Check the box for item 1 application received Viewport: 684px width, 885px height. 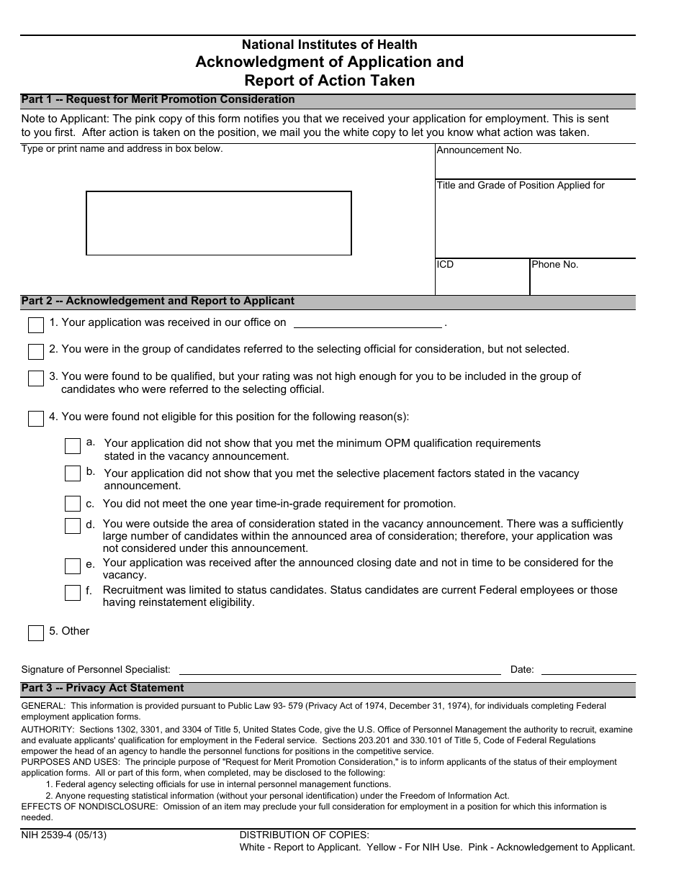point(36,325)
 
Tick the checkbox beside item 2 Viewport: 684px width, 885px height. point(36,352)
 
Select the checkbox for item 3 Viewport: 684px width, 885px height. point(36,378)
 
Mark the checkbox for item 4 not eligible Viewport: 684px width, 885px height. point(36,419)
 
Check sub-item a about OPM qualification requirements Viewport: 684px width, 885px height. point(72,446)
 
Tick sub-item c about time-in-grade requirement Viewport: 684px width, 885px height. point(72,504)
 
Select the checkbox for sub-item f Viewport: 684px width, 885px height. point(72,593)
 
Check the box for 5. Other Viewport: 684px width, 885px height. point(36,633)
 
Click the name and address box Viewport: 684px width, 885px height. point(219,223)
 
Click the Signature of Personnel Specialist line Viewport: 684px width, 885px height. point(339,669)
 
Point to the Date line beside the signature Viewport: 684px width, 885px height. point(588,669)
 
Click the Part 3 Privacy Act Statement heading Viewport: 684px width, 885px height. point(103,689)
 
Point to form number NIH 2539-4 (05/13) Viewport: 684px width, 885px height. point(64,835)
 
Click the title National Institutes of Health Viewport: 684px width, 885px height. point(329,45)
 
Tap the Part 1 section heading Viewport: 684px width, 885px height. point(158,100)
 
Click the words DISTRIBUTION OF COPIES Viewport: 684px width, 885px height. point(304,835)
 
